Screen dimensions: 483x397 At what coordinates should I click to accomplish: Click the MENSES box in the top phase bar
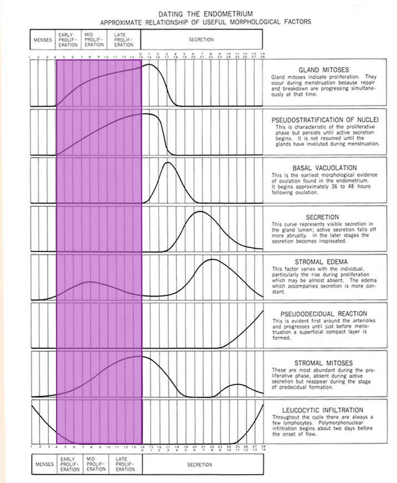[x=43, y=40]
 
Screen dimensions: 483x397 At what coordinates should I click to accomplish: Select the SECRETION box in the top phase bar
[x=201, y=40]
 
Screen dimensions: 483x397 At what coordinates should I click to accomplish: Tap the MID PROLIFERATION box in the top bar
[x=95, y=40]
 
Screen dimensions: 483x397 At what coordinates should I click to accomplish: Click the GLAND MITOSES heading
[x=324, y=69]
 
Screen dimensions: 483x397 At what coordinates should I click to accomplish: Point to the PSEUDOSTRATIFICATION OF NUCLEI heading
[x=325, y=119]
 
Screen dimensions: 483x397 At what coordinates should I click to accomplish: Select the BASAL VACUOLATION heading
[x=324, y=168]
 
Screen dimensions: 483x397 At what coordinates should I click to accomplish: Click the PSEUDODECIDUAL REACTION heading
[x=325, y=313]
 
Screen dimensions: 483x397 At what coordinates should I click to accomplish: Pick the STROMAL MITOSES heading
[x=324, y=363]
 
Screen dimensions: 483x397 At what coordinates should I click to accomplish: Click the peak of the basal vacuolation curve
[x=167, y=163]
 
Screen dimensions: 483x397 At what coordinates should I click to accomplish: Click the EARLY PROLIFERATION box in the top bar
[x=69, y=40]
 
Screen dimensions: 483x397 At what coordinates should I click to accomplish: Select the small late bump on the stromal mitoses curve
[x=237, y=384]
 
